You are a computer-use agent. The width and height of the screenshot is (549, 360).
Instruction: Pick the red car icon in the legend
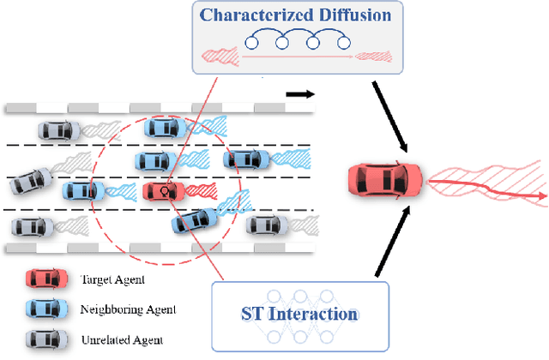coord(43,279)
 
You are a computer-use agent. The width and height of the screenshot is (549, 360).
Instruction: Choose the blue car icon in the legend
coord(43,309)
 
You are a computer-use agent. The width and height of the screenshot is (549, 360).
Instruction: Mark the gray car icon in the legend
coord(43,339)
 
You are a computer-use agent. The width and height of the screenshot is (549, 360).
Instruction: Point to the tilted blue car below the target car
coord(192,221)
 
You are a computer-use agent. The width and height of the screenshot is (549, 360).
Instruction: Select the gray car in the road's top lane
coord(57,130)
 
